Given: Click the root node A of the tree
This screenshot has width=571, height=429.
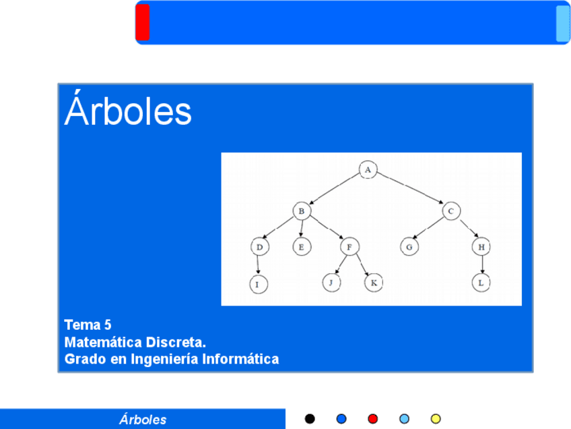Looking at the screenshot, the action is pos(368,169).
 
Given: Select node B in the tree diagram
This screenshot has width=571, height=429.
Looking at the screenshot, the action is pos(302,211).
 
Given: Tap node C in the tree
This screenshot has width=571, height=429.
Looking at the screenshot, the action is pos(451,211).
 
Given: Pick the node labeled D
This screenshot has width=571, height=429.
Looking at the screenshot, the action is pos(260,247).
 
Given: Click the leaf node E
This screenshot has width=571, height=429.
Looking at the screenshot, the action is pos(302,247).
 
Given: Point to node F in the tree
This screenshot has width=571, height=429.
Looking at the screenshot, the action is pos(349,247).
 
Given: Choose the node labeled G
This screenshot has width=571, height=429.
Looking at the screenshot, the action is pos(409,247).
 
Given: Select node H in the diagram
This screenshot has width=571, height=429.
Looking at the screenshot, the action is pos(481,247).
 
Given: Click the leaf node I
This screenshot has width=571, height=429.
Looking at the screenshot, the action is pos(259,284).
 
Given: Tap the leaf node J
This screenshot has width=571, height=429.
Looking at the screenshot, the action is pos(331,283).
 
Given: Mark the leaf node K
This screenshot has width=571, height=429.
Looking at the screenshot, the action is pos(374,283).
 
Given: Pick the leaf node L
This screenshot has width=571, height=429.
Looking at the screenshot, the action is pos(481,283).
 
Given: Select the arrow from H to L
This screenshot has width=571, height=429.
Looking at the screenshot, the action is pos(482,265).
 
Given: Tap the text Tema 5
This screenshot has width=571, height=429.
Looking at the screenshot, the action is pos(88,324).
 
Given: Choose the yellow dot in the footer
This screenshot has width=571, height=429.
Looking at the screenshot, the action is pos(436,419).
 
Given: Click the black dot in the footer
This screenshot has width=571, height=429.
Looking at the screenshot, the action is pos(310,419).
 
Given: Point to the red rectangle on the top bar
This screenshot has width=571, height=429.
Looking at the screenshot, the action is pos(142,22).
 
